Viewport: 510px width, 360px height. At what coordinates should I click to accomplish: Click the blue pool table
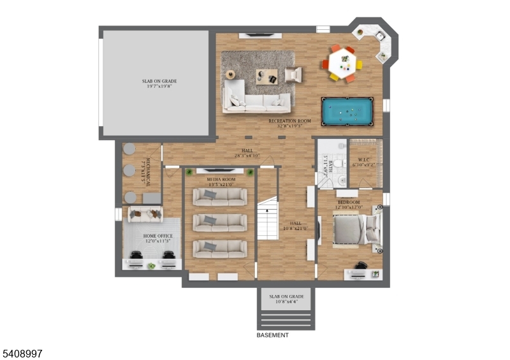[347, 112]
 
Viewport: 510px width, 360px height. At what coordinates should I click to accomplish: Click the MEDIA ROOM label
[221, 180]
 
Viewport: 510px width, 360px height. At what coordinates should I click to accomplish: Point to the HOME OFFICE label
[157, 236]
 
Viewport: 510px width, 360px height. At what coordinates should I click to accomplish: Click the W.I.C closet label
[364, 160]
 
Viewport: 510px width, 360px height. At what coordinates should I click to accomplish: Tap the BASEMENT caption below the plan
[272, 335]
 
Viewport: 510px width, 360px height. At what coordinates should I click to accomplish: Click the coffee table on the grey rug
[266, 77]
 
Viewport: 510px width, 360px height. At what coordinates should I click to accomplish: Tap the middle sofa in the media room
[220, 222]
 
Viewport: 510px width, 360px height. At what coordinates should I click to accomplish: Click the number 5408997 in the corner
[22, 352]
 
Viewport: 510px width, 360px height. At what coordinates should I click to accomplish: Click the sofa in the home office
[145, 214]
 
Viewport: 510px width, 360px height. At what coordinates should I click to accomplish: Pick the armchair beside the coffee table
[293, 75]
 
